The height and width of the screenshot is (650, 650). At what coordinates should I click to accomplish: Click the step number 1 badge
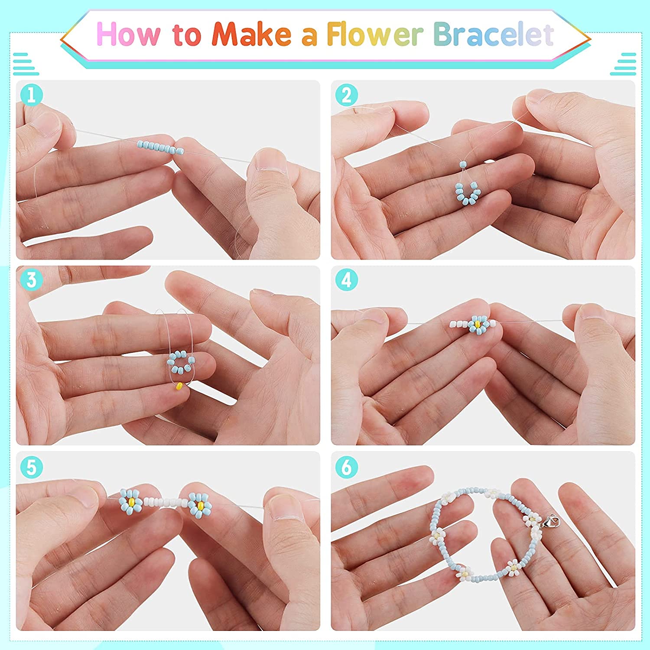[x=31, y=95]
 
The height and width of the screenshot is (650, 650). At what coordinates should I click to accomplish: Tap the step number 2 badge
[x=346, y=95]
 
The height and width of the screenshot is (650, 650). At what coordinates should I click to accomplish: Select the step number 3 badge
[x=31, y=280]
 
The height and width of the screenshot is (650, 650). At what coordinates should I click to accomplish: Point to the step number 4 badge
[x=346, y=280]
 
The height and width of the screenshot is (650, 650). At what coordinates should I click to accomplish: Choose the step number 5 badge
[x=31, y=467]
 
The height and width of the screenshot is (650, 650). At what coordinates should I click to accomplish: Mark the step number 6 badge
[x=346, y=467]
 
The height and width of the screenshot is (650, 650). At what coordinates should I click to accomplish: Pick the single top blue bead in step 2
[x=463, y=165]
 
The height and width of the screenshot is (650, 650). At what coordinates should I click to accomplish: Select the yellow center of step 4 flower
[x=477, y=324]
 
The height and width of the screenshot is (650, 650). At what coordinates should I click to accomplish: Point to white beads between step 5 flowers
[x=164, y=503]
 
